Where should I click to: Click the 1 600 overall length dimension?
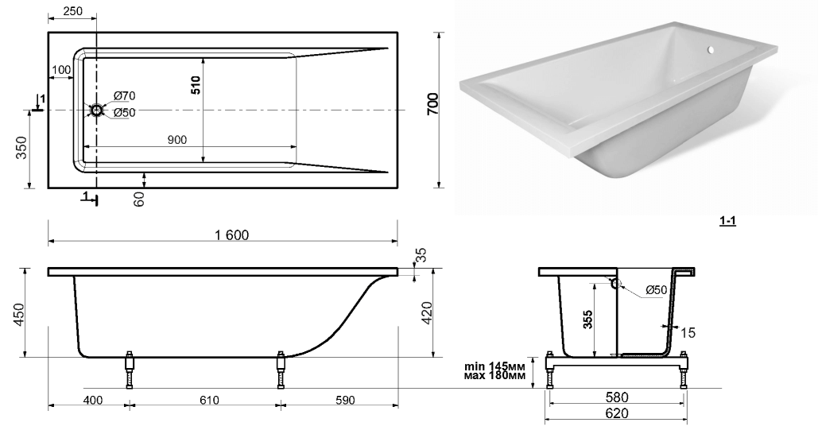(x=231, y=234)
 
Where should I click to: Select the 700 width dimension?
(x=433, y=104)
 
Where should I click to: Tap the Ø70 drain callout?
(x=124, y=95)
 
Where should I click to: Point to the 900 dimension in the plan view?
(x=176, y=140)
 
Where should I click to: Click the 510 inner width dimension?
(x=196, y=85)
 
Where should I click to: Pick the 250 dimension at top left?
(x=72, y=10)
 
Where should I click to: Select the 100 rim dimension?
(x=61, y=69)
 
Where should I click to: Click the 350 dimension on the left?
(x=21, y=148)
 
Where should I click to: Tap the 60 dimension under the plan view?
(x=139, y=199)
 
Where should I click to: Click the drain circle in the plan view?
(x=97, y=110)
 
